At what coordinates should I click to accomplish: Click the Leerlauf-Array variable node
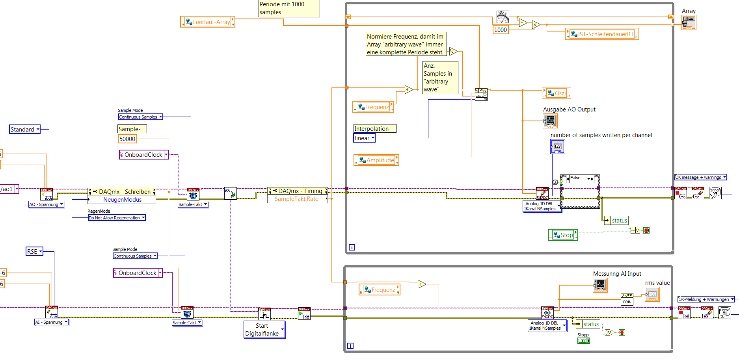tap(208, 22)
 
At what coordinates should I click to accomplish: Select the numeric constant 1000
tap(501, 30)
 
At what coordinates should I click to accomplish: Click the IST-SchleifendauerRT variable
tap(602, 34)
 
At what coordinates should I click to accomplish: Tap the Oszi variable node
tap(557, 93)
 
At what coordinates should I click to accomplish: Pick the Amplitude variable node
tap(376, 160)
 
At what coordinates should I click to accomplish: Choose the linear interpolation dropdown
tap(364, 138)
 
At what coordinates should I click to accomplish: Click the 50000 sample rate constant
tap(127, 139)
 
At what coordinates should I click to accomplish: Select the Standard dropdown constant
tap(25, 130)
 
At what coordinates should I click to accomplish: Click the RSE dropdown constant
tap(34, 252)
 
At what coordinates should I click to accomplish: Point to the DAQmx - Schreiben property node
tap(122, 192)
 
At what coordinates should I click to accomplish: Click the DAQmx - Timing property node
tap(298, 191)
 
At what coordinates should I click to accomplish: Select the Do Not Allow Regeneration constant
tap(117, 218)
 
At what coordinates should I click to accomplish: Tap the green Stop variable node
tap(563, 235)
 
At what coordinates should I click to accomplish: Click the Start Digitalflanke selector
tap(264, 330)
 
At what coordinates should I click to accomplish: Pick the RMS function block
tap(627, 299)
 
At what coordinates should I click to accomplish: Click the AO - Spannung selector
tap(46, 205)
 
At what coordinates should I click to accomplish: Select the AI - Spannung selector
tap(52, 323)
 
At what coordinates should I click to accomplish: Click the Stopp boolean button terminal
tap(584, 341)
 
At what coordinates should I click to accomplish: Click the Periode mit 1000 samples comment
tap(289, 8)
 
